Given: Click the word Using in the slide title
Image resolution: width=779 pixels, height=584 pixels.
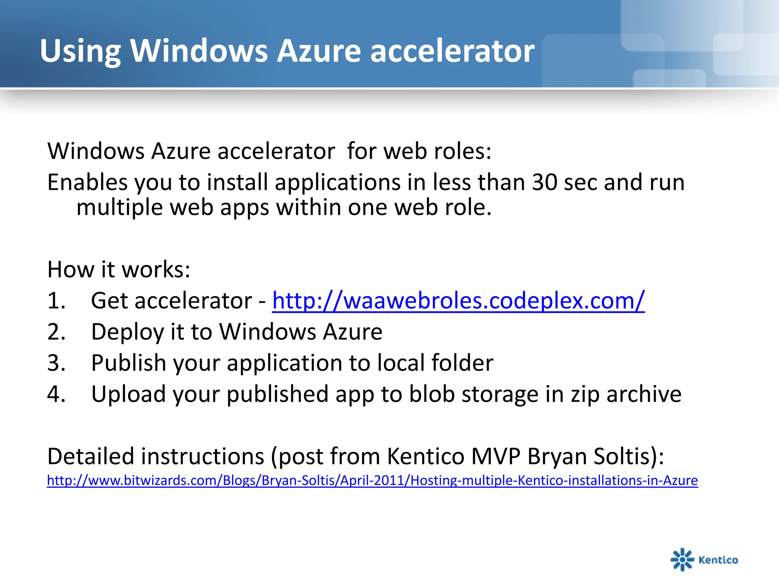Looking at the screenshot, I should [x=80, y=51].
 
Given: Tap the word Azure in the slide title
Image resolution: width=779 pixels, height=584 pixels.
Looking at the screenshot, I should [x=319, y=51].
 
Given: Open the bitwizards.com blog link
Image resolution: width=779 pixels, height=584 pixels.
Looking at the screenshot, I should [x=372, y=481].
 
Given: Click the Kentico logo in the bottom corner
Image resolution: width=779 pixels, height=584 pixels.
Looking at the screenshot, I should [x=704, y=559].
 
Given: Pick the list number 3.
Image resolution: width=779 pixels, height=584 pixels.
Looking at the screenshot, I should [x=56, y=363].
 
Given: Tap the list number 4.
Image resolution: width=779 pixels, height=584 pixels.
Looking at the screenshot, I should [x=56, y=394].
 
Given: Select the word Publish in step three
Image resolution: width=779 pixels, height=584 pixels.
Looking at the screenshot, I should [x=129, y=363].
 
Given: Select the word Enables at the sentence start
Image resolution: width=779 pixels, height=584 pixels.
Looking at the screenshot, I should [x=87, y=182].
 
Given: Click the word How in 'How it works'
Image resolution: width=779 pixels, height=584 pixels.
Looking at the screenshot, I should [x=70, y=270].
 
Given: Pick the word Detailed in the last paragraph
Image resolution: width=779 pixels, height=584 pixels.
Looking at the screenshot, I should [x=91, y=456].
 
